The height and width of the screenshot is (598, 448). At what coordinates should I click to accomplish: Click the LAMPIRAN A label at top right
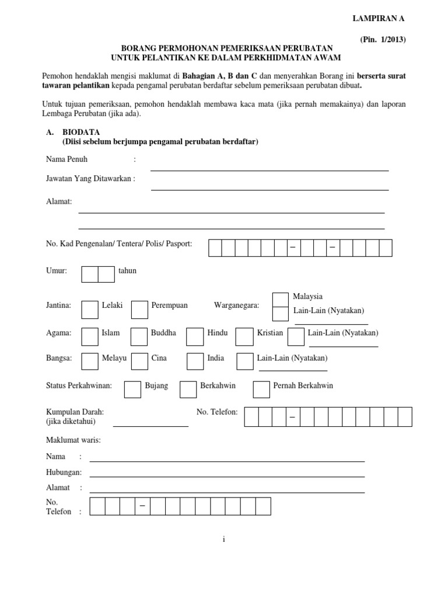click(377, 19)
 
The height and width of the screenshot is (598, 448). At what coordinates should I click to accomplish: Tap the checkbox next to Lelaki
click(90, 310)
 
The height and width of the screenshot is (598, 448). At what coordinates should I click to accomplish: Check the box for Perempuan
click(139, 310)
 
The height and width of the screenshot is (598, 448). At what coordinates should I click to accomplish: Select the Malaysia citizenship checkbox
click(281, 299)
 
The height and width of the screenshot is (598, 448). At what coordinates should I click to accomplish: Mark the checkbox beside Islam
click(90, 337)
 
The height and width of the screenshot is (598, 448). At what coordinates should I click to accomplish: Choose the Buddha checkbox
click(139, 337)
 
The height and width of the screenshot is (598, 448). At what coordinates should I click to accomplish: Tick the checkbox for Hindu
click(195, 337)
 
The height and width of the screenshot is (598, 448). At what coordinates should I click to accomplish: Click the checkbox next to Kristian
click(245, 337)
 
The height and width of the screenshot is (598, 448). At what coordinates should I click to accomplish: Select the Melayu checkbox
click(90, 362)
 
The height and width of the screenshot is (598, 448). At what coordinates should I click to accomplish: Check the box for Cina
click(139, 362)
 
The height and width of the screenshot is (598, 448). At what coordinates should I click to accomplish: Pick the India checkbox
click(195, 362)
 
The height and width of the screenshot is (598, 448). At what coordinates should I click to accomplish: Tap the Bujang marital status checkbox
click(132, 390)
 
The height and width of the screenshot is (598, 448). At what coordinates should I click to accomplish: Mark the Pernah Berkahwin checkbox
click(261, 390)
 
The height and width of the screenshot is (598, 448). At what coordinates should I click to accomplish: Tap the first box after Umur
click(90, 274)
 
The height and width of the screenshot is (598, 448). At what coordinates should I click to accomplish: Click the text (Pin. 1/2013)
click(381, 40)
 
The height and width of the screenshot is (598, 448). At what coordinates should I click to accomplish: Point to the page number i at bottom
click(223, 540)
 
